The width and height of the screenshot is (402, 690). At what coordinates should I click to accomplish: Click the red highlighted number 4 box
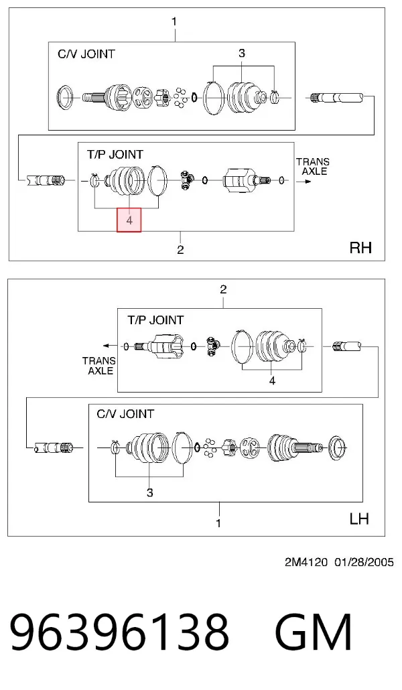129,220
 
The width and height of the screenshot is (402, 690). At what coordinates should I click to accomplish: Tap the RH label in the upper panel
360,248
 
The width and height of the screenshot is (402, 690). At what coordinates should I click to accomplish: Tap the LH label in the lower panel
359,519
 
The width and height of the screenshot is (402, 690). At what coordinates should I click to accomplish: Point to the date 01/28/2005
364,563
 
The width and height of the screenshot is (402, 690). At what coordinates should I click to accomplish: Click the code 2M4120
306,563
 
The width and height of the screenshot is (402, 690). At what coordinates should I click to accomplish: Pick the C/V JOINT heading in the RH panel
86,54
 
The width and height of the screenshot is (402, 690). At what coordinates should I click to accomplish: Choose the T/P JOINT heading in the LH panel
155,320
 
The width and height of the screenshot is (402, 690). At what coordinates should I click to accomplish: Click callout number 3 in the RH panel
242,53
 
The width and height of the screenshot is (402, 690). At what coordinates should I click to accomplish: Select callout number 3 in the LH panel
149,492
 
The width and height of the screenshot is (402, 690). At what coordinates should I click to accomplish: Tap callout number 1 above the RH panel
174,21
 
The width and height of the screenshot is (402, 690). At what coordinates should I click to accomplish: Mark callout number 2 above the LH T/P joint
223,289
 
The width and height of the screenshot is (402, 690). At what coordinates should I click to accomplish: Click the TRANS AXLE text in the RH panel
313,166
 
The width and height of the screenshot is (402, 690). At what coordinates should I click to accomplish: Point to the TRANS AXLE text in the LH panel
98,366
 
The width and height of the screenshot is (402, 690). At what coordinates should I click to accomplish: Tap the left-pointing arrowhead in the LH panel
105,346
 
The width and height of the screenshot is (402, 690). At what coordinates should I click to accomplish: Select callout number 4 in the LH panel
272,381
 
